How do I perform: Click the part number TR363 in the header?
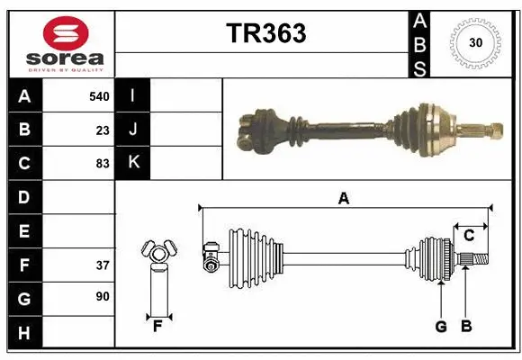click(x=265, y=33)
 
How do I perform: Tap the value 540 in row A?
click(x=98, y=96)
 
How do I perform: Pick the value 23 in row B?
click(x=102, y=130)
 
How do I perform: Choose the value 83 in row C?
click(x=102, y=163)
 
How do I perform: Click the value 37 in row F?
click(x=102, y=265)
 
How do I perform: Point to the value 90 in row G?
click(x=102, y=297)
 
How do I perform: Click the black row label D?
click(x=24, y=197)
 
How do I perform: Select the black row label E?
click(x=24, y=230)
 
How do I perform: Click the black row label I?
click(x=133, y=96)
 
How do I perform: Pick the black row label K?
click(x=133, y=163)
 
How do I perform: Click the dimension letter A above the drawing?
click(x=343, y=199)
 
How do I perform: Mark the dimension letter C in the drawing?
click(x=469, y=236)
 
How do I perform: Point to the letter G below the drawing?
click(x=441, y=327)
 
